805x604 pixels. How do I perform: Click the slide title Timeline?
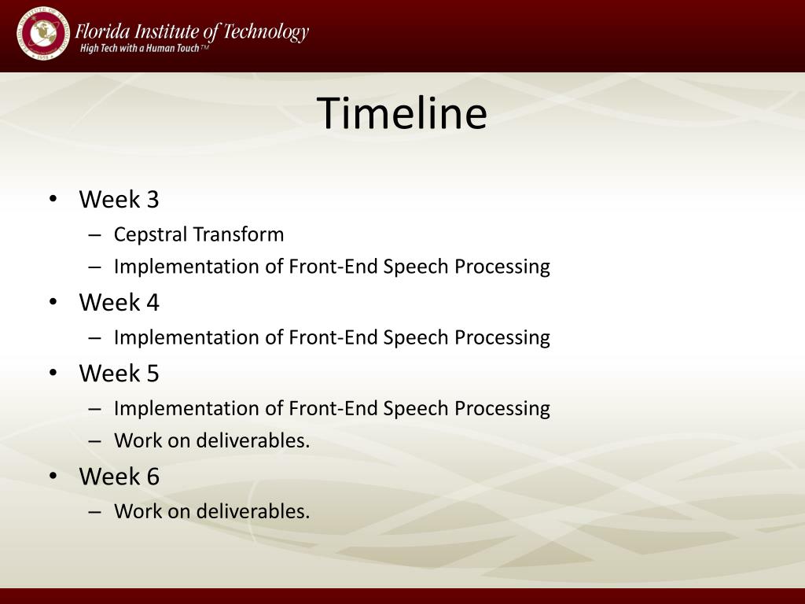click(402, 112)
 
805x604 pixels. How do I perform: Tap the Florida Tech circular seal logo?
click(42, 33)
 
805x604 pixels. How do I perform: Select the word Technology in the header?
click(266, 32)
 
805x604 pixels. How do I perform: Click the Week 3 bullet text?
click(119, 199)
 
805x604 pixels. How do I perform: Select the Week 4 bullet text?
click(119, 302)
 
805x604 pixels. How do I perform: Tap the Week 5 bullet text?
click(119, 373)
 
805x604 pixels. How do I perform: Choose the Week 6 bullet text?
click(119, 476)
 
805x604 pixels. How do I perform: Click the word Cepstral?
click(150, 234)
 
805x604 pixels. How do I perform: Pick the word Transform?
click(238, 234)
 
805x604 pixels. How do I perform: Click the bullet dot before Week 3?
click(53, 199)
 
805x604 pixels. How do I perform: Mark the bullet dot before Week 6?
click(53, 476)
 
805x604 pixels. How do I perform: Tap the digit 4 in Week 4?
click(153, 302)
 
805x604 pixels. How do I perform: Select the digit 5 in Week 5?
click(153, 374)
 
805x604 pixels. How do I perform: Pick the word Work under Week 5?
click(138, 440)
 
